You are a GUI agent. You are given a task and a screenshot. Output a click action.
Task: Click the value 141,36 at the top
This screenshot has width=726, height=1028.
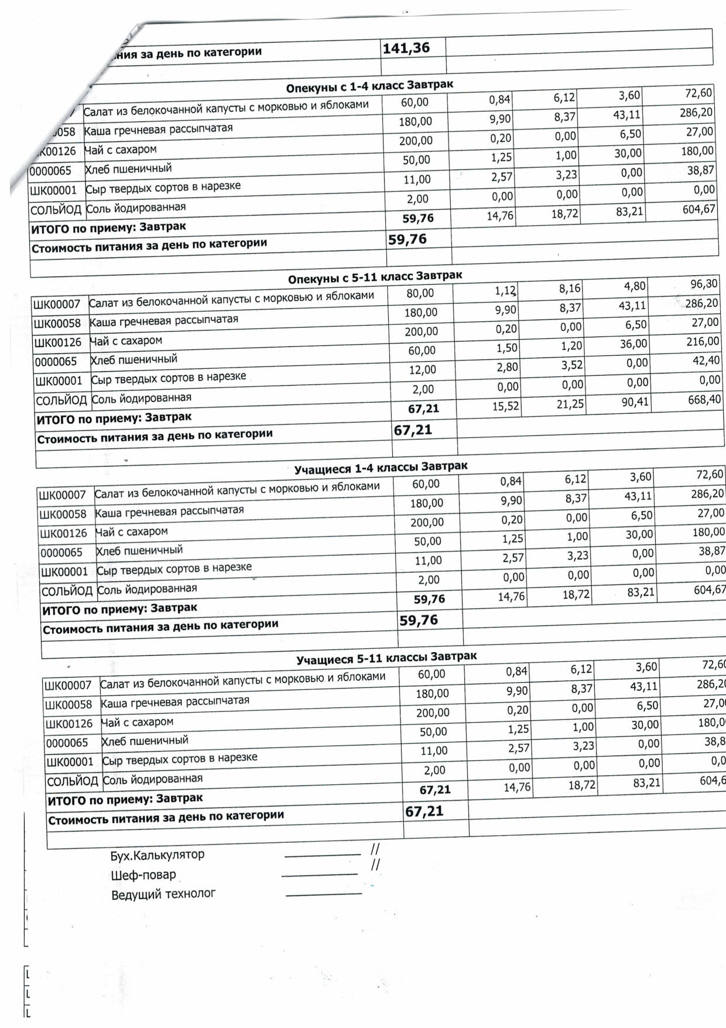tap(406, 48)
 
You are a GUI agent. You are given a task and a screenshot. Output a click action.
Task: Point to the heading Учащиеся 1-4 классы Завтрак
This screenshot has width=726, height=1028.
tap(381, 468)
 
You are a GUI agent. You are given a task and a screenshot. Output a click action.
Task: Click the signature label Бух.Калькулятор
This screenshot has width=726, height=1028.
tap(157, 855)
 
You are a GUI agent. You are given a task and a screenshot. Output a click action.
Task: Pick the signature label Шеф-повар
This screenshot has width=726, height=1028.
tap(143, 875)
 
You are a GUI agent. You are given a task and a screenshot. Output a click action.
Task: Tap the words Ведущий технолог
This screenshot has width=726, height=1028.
tap(163, 894)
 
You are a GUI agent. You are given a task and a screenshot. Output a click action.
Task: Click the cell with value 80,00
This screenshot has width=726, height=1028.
tap(420, 293)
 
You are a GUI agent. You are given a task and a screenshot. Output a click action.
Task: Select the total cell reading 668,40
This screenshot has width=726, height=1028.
tap(704, 400)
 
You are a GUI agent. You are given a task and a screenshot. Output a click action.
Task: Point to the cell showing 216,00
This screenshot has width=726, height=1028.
tap(703, 341)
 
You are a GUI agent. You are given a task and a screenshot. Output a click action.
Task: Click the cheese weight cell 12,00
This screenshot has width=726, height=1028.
tap(422, 370)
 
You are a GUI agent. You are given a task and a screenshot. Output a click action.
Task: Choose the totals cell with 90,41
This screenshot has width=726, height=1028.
tap(635, 403)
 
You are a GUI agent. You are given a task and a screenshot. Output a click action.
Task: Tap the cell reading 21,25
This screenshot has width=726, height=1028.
tap(570, 404)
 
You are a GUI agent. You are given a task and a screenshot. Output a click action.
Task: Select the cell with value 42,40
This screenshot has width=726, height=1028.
tap(706, 360)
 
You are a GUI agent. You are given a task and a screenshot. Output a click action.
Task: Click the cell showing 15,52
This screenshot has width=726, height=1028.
tap(505, 406)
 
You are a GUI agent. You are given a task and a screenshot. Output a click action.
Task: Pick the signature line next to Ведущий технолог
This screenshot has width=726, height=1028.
tap(324, 894)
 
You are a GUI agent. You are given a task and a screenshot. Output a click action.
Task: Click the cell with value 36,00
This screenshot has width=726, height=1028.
tap(633, 344)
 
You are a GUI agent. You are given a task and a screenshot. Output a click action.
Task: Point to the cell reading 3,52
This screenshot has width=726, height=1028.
tap(571, 365)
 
